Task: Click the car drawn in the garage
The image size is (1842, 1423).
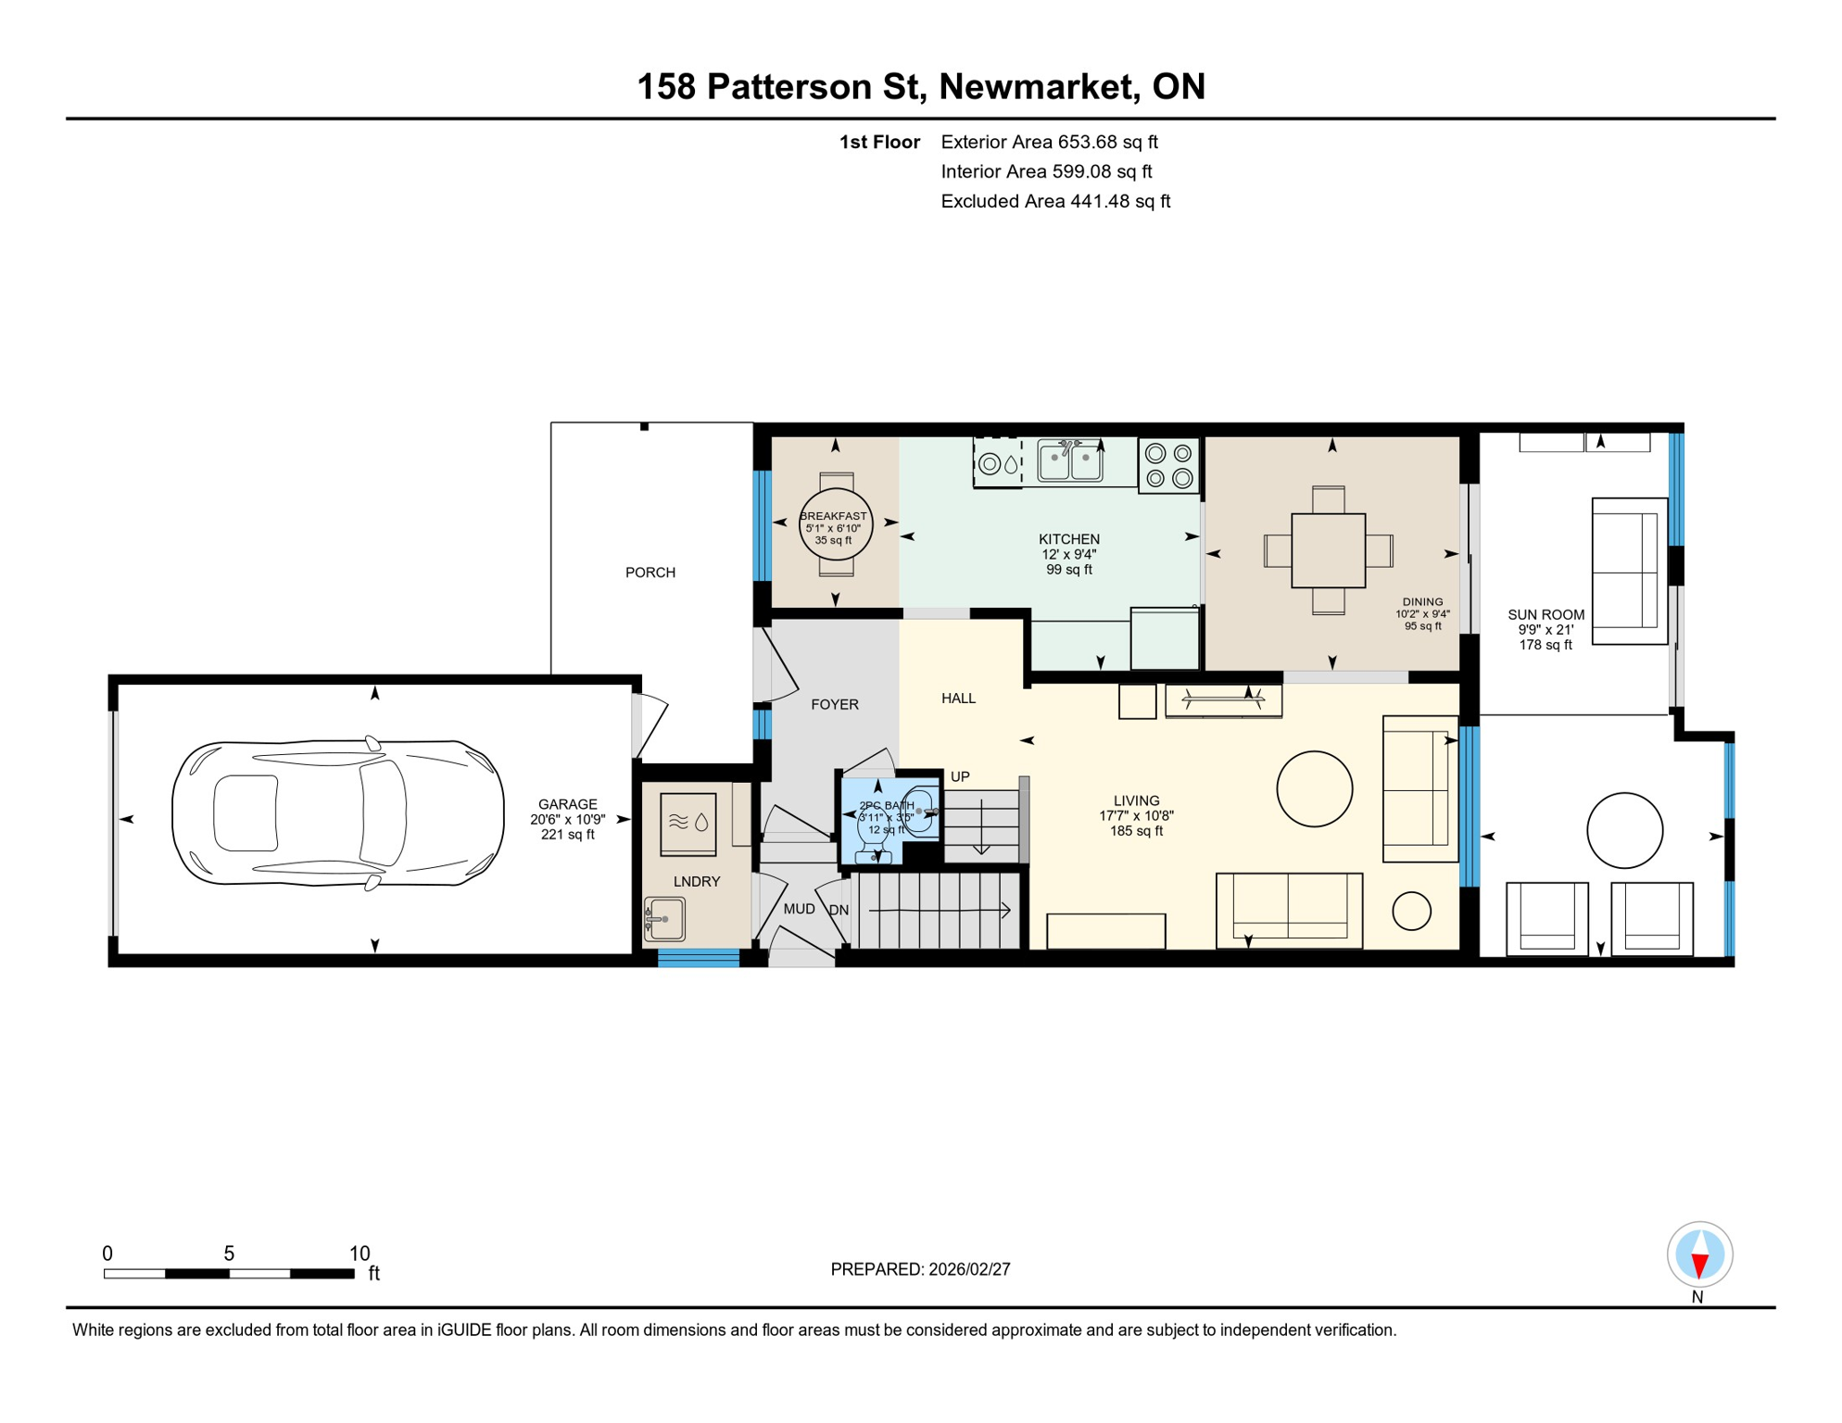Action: click(x=338, y=814)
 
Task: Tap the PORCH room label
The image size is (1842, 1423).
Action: click(x=650, y=573)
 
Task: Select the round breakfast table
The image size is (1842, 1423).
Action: click(x=836, y=525)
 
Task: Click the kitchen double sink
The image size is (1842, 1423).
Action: click(x=1070, y=460)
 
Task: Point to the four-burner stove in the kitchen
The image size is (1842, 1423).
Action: click(x=1168, y=465)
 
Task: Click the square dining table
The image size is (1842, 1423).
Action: click(x=1328, y=550)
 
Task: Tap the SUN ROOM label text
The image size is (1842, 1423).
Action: click(x=1546, y=614)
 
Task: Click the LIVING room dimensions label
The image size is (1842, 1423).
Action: click(x=1136, y=816)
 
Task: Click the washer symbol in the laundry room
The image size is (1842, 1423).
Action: click(x=688, y=823)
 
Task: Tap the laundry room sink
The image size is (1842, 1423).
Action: click(x=665, y=919)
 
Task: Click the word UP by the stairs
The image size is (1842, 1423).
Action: click(x=960, y=776)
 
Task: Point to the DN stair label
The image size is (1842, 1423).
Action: click(x=839, y=911)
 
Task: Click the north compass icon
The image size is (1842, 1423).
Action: click(x=1699, y=1254)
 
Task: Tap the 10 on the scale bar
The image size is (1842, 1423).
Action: click(x=360, y=1253)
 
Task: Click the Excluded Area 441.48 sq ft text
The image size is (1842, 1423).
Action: click(x=1055, y=201)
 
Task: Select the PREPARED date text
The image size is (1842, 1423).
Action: click(x=920, y=1269)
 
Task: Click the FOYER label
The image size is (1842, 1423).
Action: click(x=835, y=704)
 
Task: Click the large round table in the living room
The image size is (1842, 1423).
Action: click(x=1314, y=788)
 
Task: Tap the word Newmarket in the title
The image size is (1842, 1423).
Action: click(x=1038, y=86)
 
